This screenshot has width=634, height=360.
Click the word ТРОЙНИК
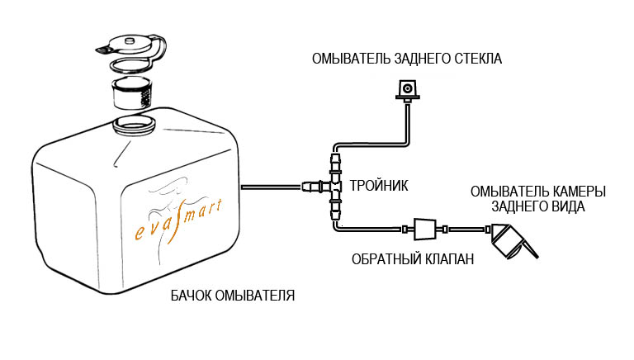tap(379, 185)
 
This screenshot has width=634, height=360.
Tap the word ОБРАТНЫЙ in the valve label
tap(383, 259)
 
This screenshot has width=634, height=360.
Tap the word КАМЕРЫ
tap(578, 192)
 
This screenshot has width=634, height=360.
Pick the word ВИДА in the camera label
tap(570, 206)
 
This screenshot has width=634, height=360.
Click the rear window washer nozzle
tap(407, 89)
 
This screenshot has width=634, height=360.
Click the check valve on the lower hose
tap(422, 227)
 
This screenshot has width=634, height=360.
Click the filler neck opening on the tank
tap(134, 125)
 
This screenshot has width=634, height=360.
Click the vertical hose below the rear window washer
tap(409, 124)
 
